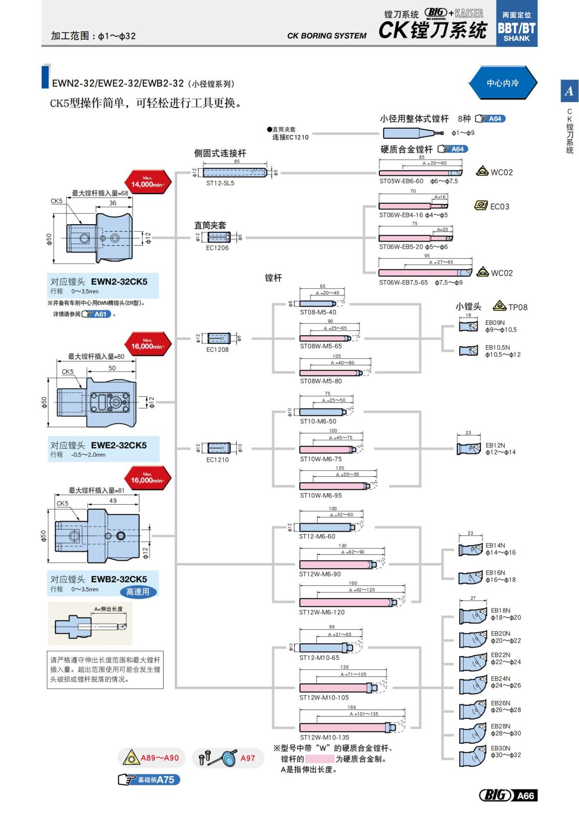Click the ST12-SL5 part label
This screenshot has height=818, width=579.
[x=220, y=183]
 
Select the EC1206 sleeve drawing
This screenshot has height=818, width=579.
[x=219, y=237]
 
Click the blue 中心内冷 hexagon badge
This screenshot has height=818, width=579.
[x=502, y=83]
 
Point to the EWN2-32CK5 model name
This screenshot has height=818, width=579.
[x=119, y=282]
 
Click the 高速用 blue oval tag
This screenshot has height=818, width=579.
[x=138, y=592]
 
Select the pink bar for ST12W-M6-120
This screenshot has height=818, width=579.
[x=345, y=603]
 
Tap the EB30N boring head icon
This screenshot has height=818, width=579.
[x=472, y=757]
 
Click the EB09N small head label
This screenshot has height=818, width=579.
[x=495, y=323]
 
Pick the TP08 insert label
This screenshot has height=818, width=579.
[x=517, y=307]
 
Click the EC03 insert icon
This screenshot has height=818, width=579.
[x=481, y=206]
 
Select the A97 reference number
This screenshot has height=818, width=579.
[x=248, y=758]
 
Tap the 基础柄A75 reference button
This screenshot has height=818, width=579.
[x=149, y=779]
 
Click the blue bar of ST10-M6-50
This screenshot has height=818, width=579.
[x=321, y=412]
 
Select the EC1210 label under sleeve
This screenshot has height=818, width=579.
[x=217, y=460]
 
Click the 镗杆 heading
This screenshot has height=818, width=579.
[x=273, y=278]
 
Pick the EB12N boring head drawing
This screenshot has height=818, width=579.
[x=469, y=449]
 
